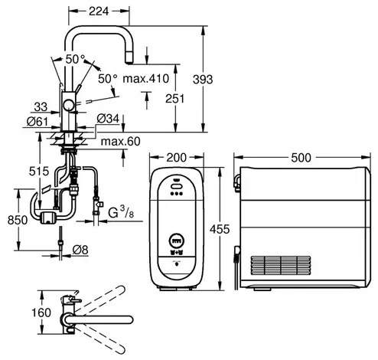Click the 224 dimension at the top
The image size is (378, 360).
99,11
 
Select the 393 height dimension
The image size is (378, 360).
203,80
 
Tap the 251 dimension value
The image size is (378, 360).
174,99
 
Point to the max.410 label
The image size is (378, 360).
146,79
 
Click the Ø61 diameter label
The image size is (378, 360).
37,122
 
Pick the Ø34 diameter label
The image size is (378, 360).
108,119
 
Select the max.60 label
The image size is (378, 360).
121,141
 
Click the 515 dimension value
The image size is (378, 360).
39,171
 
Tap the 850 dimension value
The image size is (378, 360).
18,220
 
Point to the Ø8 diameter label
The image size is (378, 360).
80,250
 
